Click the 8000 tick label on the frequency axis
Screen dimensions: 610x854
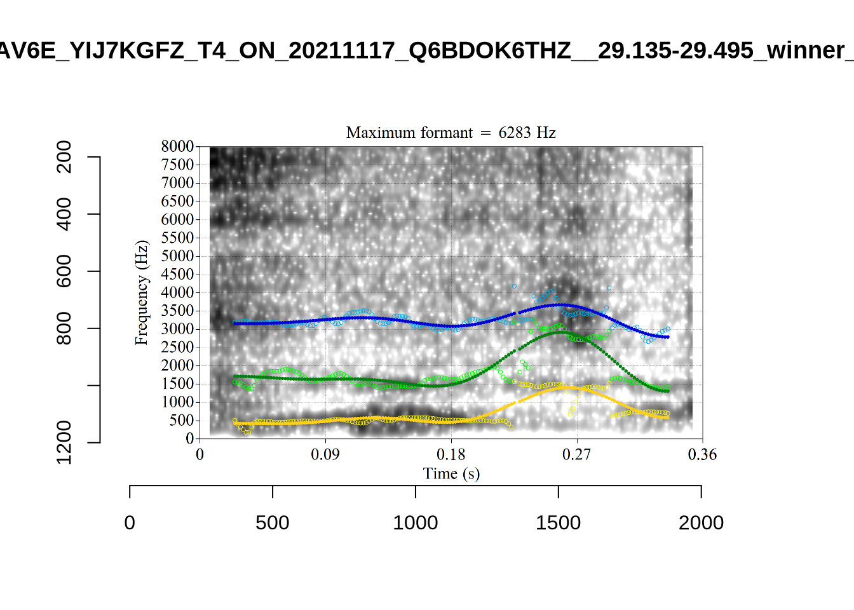177,146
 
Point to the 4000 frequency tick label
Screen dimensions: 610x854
177,292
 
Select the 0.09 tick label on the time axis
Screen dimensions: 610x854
325,454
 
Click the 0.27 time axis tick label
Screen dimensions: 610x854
577,454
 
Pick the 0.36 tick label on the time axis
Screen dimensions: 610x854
702,454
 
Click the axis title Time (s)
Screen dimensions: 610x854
451,473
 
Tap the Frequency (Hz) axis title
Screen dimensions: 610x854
141,292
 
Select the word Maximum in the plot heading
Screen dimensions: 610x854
377,132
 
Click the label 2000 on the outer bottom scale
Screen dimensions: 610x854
701,522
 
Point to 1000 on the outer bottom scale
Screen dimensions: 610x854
415,522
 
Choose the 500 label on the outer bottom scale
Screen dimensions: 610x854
272,522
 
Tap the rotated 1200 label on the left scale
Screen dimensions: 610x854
64,442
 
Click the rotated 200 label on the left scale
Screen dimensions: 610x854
64,157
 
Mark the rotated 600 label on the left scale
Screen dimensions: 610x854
64,271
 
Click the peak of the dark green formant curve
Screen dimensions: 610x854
562,332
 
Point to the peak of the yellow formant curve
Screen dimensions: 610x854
564,387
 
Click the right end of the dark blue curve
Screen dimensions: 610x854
667,337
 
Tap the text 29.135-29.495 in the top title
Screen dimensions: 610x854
675,50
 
